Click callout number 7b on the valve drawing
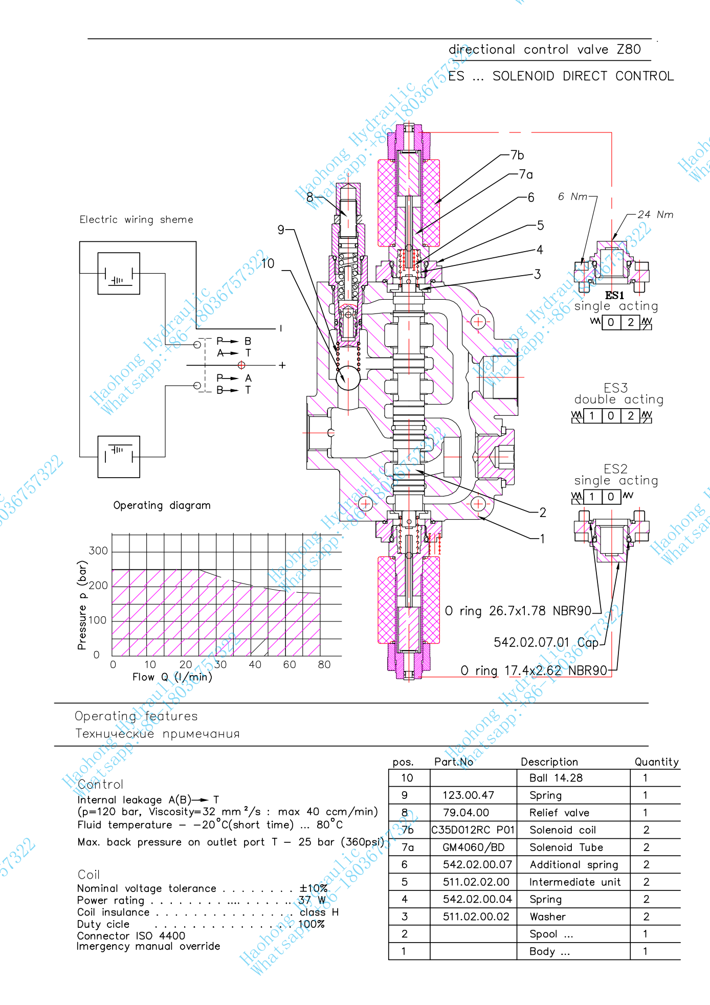[517, 155]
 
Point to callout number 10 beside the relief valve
[268, 263]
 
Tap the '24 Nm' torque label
[655, 215]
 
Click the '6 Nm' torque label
[572, 196]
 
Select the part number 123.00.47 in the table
[468, 795]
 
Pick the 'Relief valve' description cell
[559, 813]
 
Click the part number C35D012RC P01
[473, 830]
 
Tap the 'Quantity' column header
[656, 762]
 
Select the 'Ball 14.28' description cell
[556, 778]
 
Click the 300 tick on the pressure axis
[98, 551]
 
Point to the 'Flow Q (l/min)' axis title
[172, 677]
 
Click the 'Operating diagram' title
[162, 505]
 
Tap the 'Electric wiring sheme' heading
[136, 219]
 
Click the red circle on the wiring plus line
[241, 365]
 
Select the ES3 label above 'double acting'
[615, 388]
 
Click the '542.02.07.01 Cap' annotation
[546, 642]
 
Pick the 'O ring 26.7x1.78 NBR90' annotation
[518, 611]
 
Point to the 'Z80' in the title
[629, 50]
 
